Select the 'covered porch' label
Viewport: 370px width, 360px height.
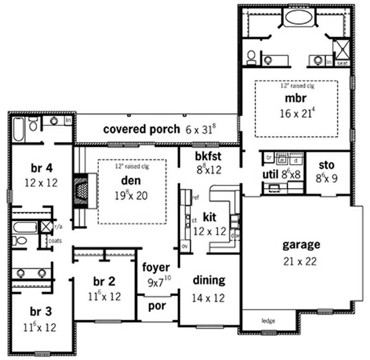point(141,129)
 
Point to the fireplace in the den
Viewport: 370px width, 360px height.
point(80,189)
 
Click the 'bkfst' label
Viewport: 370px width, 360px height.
point(210,156)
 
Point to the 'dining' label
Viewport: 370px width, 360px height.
point(209,280)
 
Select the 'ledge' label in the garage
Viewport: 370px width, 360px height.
point(268,320)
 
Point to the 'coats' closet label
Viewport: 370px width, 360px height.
point(55,240)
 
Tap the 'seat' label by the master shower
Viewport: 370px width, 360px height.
point(343,63)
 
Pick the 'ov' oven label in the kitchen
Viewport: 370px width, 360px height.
point(185,245)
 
